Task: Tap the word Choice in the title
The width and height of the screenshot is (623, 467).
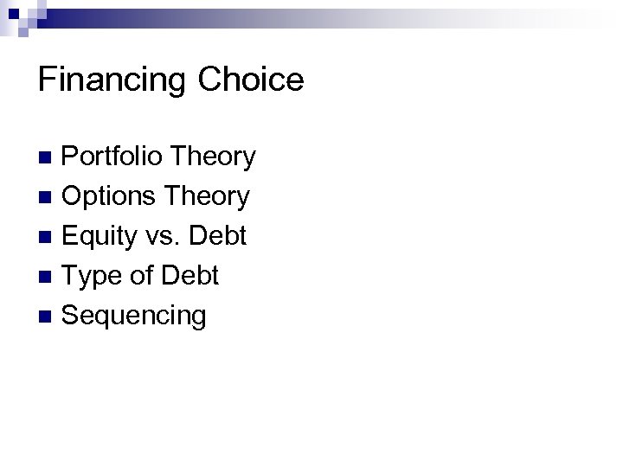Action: click(x=251, y=80)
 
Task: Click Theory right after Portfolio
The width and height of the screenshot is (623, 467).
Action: click(x=213, y=157)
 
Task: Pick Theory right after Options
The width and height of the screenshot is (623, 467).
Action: click(x=207, y=196)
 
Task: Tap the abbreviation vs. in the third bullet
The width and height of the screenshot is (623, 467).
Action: click(x=165, y=236)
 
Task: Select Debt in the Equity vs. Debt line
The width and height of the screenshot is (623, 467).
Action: click(x=217, y=236)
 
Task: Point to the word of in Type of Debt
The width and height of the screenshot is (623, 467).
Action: click(x=138, y=276)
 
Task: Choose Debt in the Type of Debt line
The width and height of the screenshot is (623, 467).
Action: click(x=188, y=276)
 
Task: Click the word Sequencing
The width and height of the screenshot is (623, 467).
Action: click(x=134, y=316)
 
